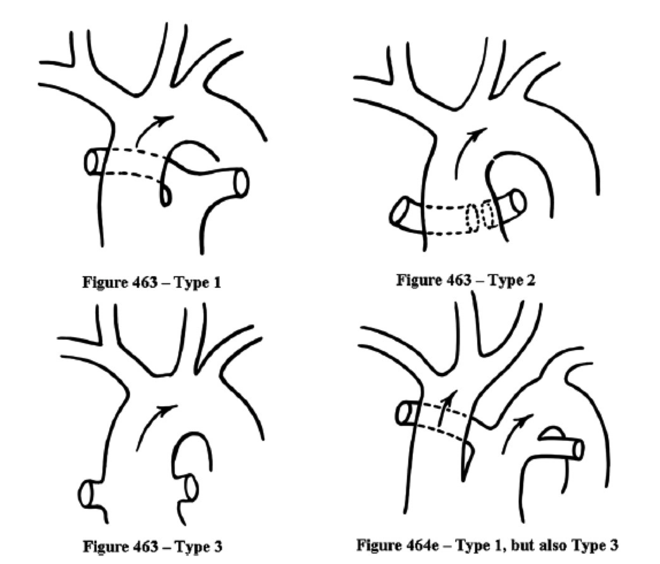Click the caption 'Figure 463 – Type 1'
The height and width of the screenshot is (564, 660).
pyautogui.click(x=152, y=283)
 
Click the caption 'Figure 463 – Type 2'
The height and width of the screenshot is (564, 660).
pyautogui.click(x=466, y=280)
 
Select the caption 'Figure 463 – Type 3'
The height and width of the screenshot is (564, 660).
pyautogui.click(x=152, y=546)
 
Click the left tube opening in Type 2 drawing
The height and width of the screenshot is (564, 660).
pyautogui.click(x=398, y=215)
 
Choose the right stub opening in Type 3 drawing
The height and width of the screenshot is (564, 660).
pyautogui.click(x=191, y=486)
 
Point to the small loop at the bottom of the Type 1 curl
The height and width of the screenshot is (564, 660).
pyautogui.click(x=164, y=197)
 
